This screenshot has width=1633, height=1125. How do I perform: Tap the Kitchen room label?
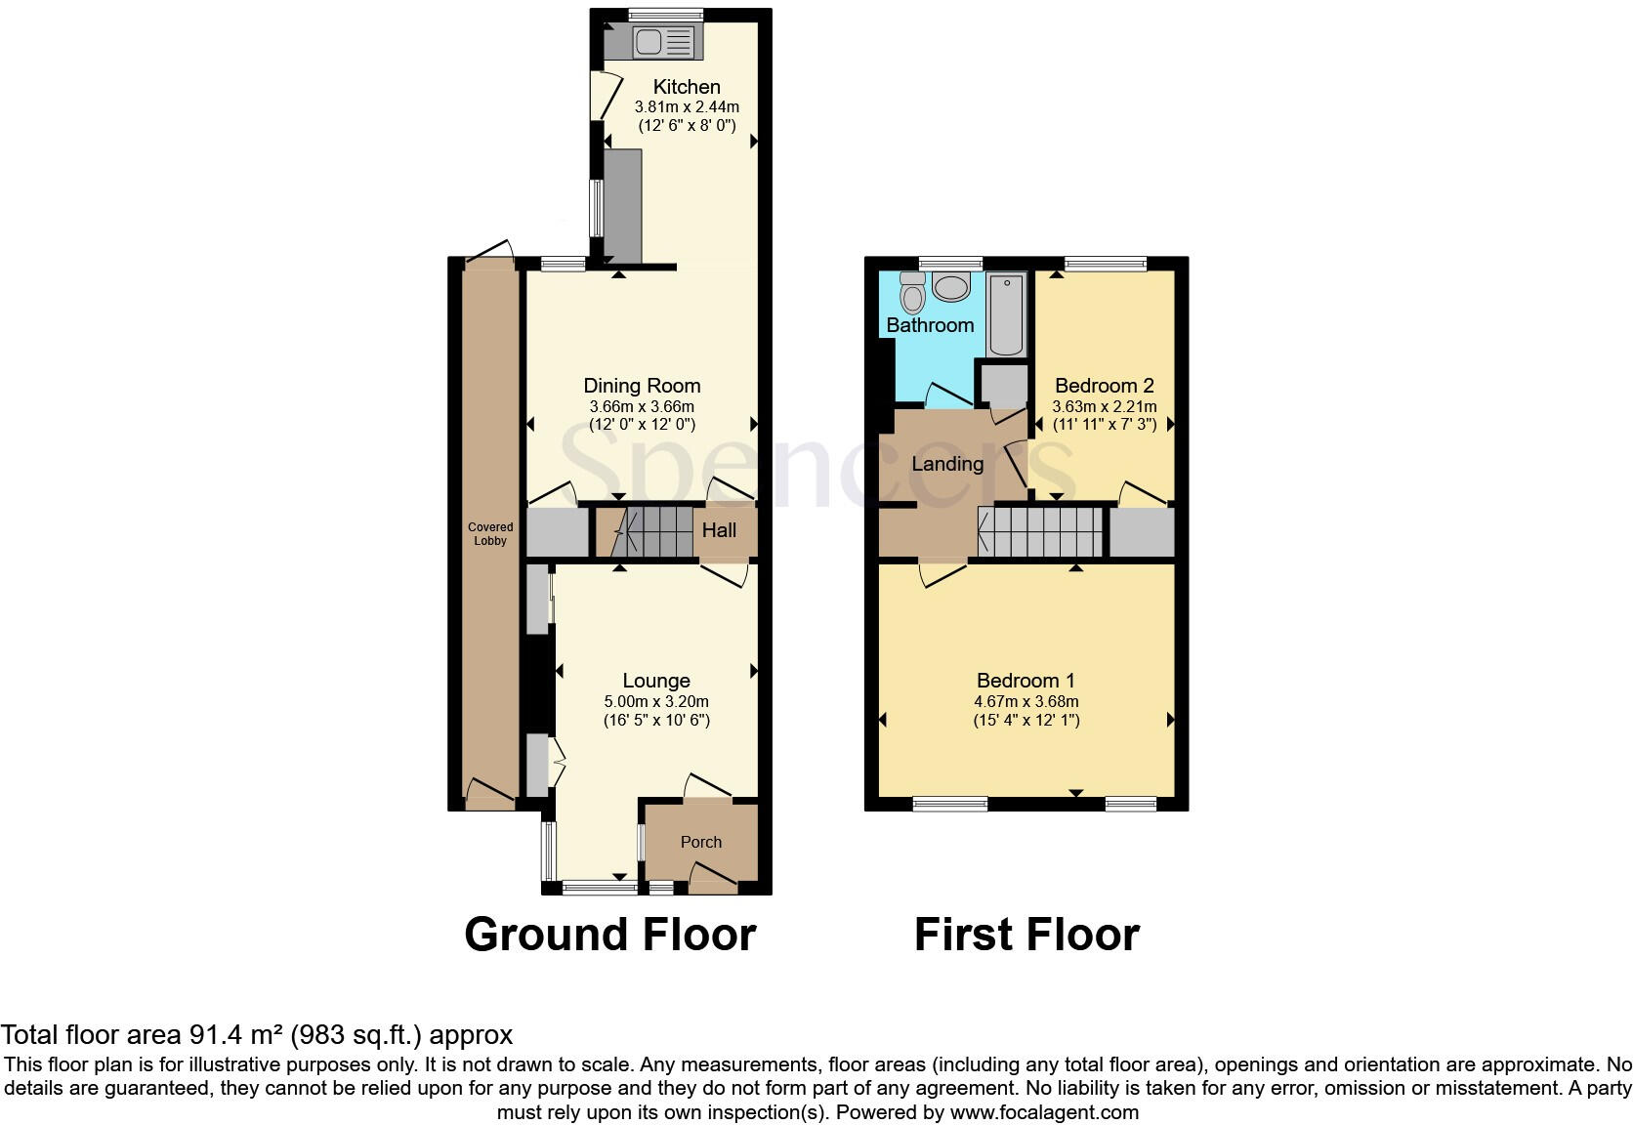pos(687,87)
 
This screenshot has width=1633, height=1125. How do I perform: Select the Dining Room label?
pos(642,386)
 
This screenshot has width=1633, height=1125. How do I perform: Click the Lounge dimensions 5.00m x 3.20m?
pos(656,701)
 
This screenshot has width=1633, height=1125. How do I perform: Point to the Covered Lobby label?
pos(490,534)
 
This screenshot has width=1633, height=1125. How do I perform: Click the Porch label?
pos(701,842)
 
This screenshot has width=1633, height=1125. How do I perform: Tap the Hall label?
pos(720,530)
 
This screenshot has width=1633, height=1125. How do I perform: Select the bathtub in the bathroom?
pos(1006,314)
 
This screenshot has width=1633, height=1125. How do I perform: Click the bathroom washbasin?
pos(950,286)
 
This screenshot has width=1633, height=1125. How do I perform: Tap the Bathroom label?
pos(930,325)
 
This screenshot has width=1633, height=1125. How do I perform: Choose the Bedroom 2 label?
pos(1105,386)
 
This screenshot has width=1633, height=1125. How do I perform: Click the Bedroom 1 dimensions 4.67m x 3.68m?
pos(1026,701)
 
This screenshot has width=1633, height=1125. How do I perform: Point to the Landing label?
pos(947,464)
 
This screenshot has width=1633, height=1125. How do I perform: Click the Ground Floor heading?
pos(610,935)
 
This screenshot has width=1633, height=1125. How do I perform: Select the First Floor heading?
pos(1026,935)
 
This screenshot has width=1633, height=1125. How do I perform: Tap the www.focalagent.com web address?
pos(1044,1111)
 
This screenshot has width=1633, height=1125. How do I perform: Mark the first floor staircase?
pos(1042,531)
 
